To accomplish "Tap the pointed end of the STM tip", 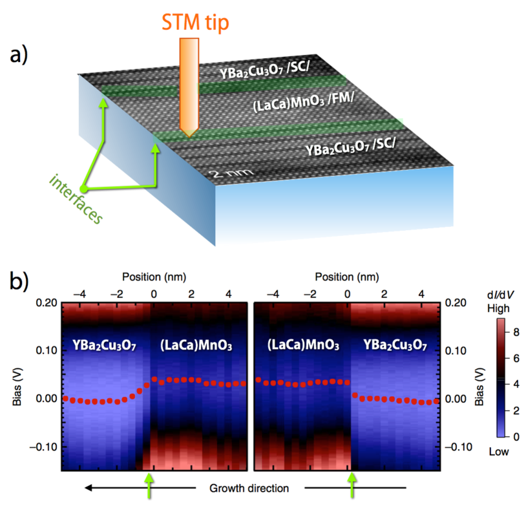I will click(188, 136).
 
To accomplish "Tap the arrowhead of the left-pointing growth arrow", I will click(90, 487).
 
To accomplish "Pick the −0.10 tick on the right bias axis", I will click(459, 447).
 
